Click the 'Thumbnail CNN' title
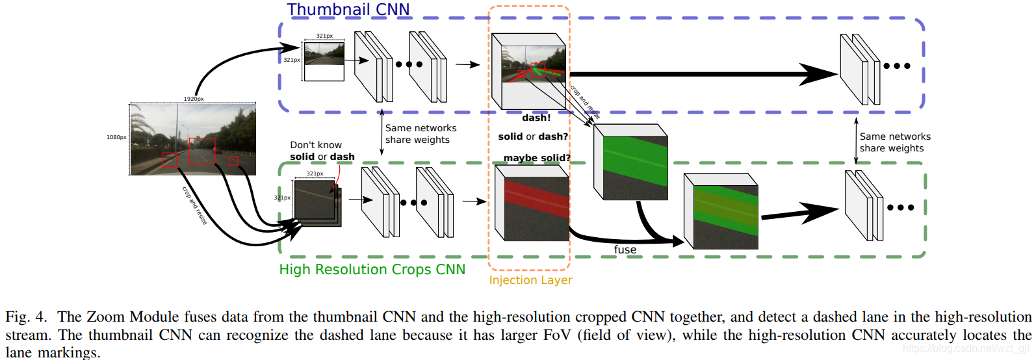(x=348, y=10)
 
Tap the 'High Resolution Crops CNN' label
(x=372, y=270)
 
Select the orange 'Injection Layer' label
(x=530, y=280)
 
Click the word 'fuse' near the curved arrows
(x=625, y=250)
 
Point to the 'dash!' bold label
(x=536, y=118)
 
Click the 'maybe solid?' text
(x=536, y=158)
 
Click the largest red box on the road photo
(x=201, y=151)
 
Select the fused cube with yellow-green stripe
(x=721, y=211)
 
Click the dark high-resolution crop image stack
(x=316, y=201)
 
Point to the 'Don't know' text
(x=316, y=145)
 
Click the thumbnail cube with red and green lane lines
(x=530, y=71)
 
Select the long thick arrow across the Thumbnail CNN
(x=702, y=74)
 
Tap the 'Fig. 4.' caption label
(x=26, y=317)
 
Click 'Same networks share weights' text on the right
(x=894, y=142)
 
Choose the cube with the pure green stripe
(x=632, y=162)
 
